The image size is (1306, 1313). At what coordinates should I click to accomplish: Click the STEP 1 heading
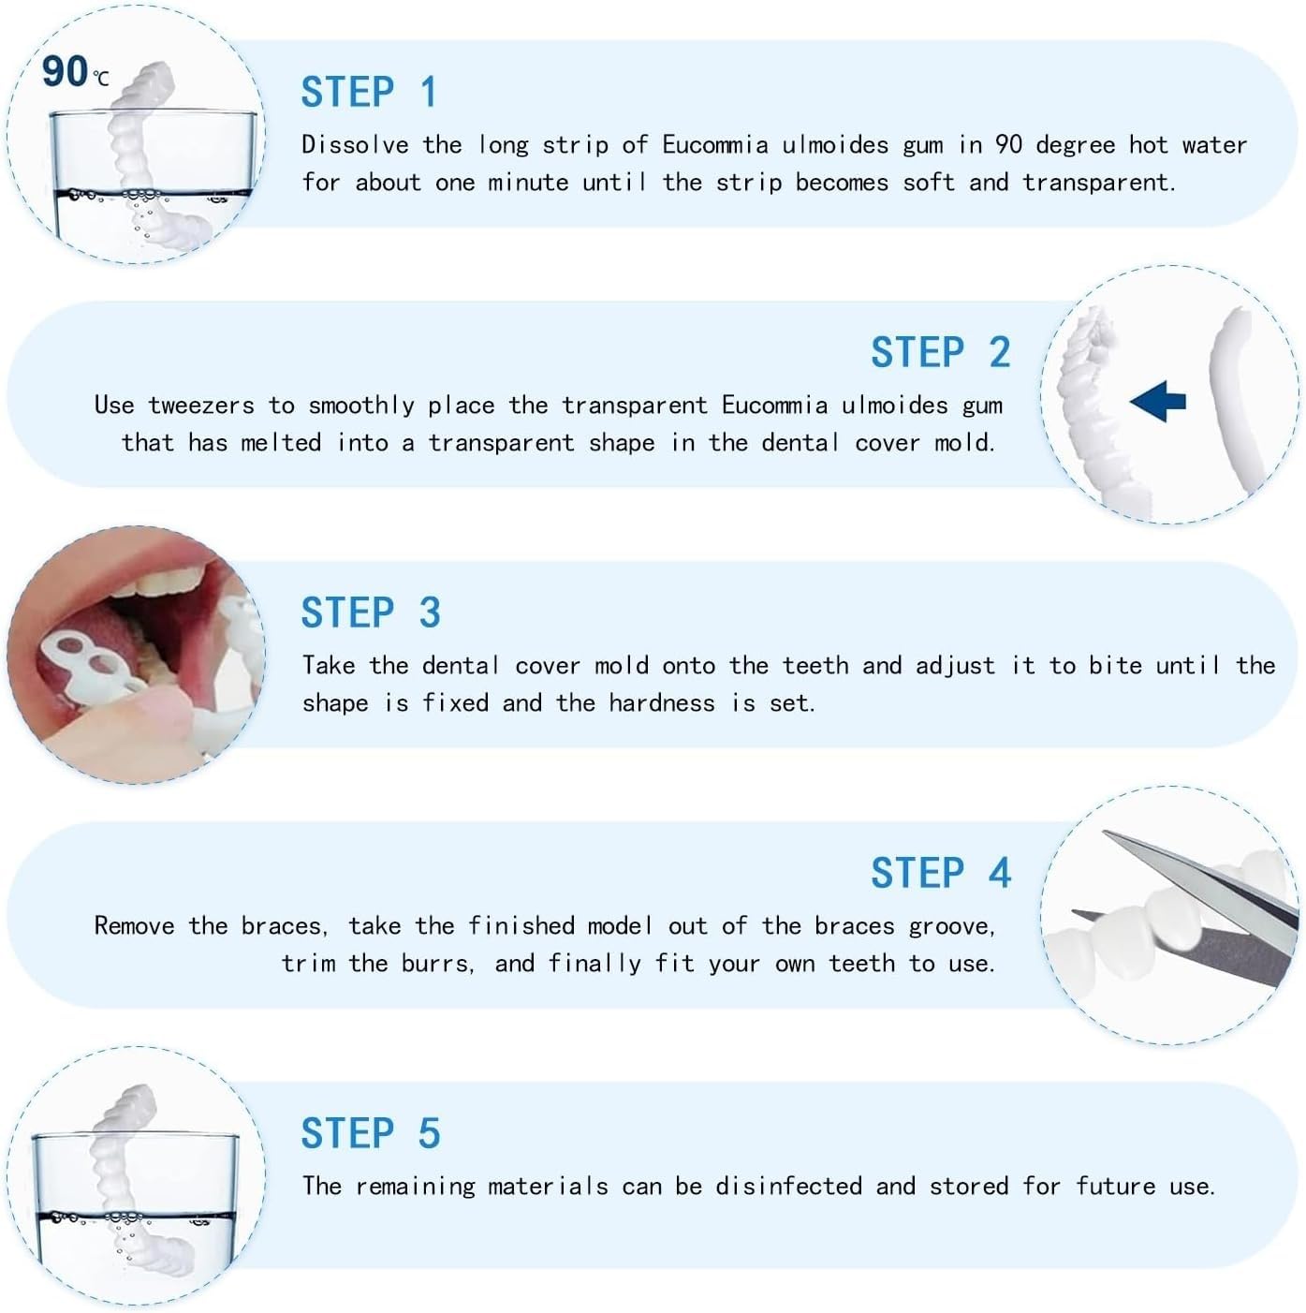(369, 93)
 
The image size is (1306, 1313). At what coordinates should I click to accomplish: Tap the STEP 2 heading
(940, 353)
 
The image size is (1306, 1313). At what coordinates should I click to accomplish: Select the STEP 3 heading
(370, 613)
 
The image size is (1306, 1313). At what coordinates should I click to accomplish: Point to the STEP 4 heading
(940, 873)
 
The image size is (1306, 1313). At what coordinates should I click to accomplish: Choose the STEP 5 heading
(370, 1133)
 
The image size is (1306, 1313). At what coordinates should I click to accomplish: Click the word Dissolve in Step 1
(355, 145)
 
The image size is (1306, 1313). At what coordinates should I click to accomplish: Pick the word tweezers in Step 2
(201, 406)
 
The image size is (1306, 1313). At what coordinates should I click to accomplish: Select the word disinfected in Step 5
(788, 1187)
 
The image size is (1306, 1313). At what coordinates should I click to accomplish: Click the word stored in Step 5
(969, 1187)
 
